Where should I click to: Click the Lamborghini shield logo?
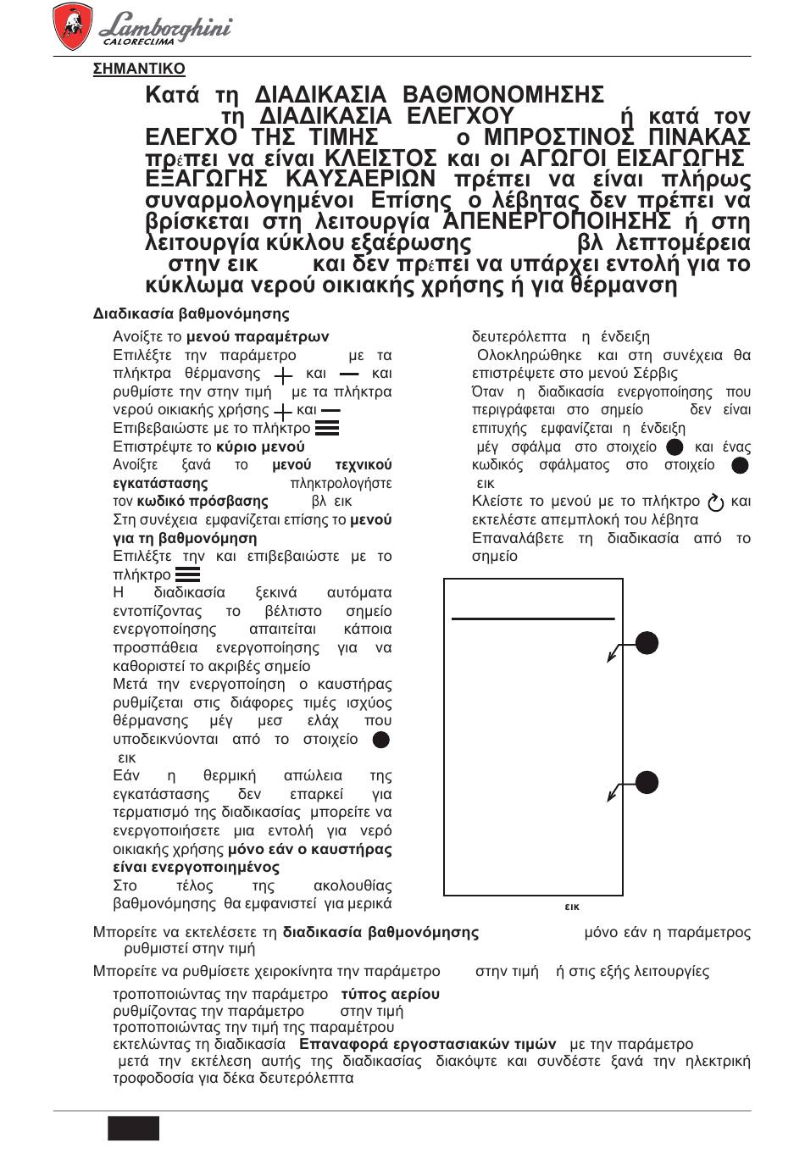(72, 25)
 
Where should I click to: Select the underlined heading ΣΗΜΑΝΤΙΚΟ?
(139, 69)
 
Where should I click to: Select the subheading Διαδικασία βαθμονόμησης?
(191, 314)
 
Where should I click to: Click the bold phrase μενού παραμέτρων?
(258, 337)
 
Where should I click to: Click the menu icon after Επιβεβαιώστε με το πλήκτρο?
(326, 429)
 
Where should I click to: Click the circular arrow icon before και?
(716, 502)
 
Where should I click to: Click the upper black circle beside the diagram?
(647, 643)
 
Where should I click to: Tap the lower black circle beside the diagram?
(647, 782)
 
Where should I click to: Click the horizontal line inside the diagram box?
(533, 619)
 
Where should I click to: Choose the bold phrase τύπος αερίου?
(390, 994)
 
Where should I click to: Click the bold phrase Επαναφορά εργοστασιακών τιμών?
(428, 1044)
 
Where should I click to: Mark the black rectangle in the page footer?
(134, 1129)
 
